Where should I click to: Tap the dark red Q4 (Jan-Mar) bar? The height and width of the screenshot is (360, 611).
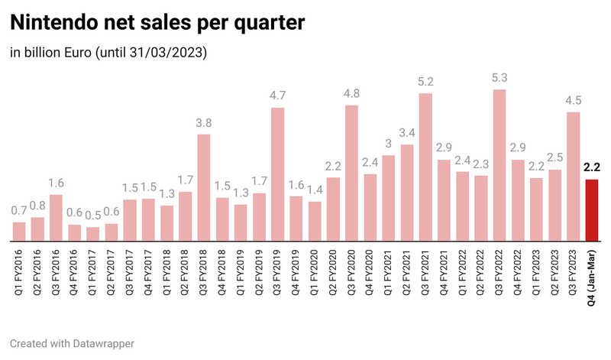tap(591, 211)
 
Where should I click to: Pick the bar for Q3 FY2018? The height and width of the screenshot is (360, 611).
tap(204, 188)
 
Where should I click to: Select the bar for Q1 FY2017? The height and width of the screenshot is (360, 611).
tap(92, 234)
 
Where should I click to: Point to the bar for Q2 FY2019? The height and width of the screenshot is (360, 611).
tap(278, 175)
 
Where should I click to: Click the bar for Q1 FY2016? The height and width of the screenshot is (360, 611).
tap(19, 232)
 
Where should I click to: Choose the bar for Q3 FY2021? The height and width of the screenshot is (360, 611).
tap(425, 167)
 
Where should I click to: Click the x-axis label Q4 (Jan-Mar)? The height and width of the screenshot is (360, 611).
tap(591, 274)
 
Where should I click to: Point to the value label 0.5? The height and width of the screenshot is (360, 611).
tap(92, 217)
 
